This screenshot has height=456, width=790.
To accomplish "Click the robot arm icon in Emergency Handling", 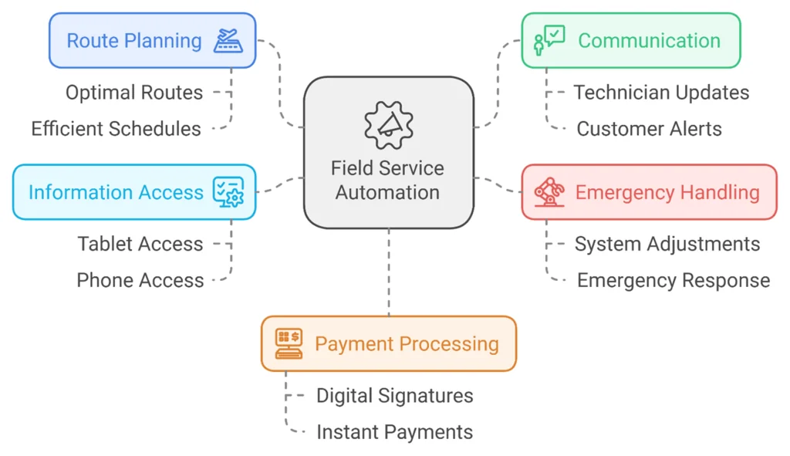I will tap(548, 192).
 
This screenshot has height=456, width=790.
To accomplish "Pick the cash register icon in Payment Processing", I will tap(289, 343).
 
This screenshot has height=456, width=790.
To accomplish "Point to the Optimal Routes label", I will tap(134, 93).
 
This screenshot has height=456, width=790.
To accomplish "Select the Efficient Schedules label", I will tap(116, 129).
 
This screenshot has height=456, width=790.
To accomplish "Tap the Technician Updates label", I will tap(661, 93).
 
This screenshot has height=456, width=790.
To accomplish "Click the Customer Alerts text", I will tap(649, 129).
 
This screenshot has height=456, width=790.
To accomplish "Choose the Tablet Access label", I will tap(140, 244).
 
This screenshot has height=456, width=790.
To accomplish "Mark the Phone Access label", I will tap(140, 280).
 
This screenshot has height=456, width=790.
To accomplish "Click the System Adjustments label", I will tap(667, 244).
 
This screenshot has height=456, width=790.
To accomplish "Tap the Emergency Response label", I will tap(673, 280).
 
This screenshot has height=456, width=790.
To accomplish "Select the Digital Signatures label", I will tap(394, 396).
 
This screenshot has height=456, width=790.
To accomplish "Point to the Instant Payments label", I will tap(394, 432).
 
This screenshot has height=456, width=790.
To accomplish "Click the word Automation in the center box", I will tap(387, 193).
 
